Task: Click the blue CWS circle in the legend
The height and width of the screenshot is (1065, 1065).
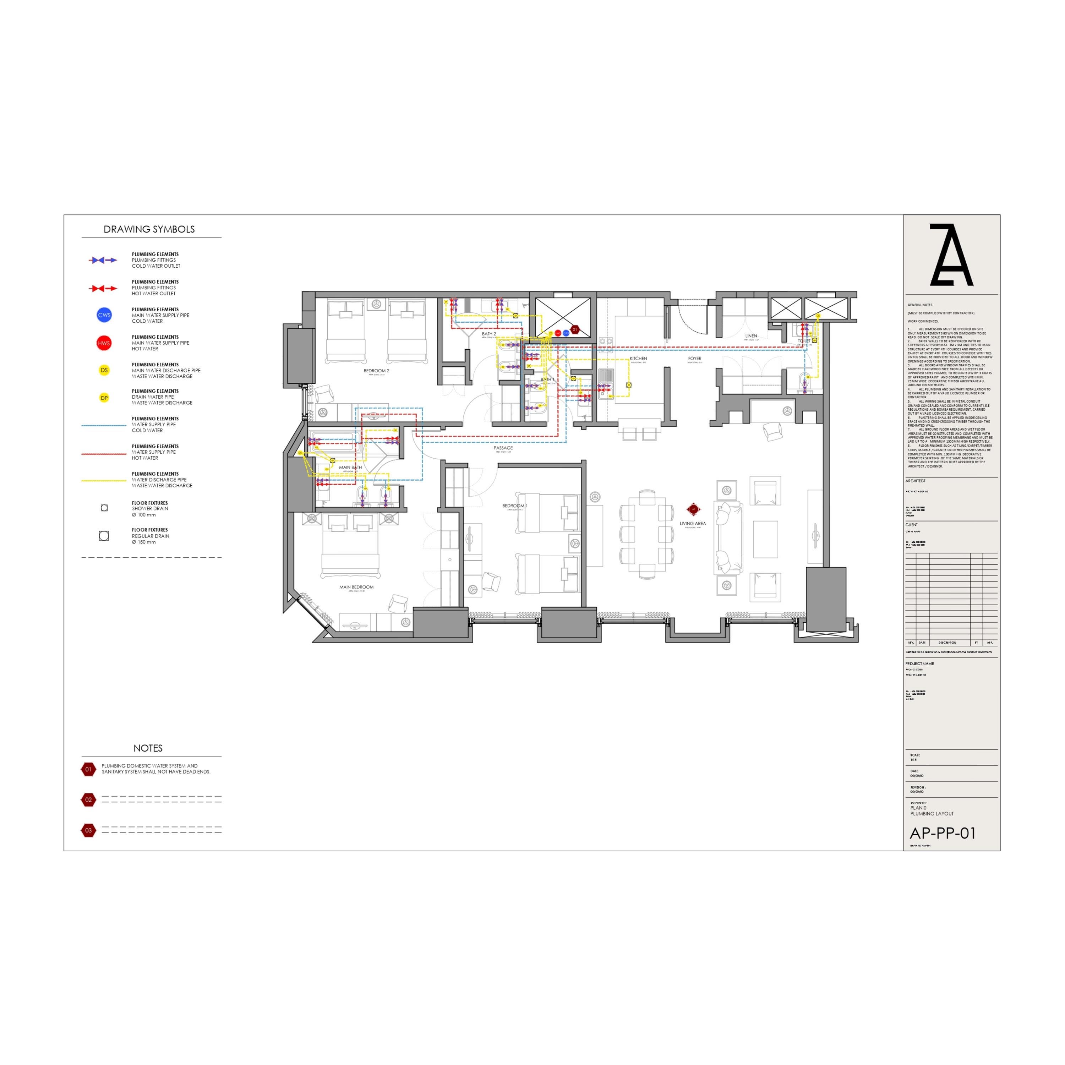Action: click(x=104, y=315)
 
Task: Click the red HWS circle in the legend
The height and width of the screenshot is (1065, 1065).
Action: click(x=104, y=343)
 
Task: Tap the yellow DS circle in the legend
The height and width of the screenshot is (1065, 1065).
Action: click(x=104, y=370)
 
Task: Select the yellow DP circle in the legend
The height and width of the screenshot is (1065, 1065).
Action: click(x=104, y=398)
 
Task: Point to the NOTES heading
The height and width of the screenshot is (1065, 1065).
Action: click(x=148, y=748)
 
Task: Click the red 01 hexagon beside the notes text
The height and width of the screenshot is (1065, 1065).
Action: click(x=88, y=769)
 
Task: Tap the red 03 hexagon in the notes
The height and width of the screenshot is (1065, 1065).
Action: click(x=88, y=830)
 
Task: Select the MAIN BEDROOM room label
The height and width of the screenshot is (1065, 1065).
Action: click(x=356, y=587)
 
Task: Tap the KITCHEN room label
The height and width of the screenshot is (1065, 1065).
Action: click(x=638, y=358)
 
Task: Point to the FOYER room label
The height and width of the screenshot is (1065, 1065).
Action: click(x=695, y=358)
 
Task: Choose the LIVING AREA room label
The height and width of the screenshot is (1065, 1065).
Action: click(x=692, y=524)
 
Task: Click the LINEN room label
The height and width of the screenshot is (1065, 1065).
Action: click(x=751, y=336)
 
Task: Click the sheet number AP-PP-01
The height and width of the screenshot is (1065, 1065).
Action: click(x=943, y=833)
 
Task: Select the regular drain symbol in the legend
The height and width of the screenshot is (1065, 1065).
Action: click(x=104, y=535)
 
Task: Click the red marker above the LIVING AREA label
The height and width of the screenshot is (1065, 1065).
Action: click(x=693, y=509)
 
